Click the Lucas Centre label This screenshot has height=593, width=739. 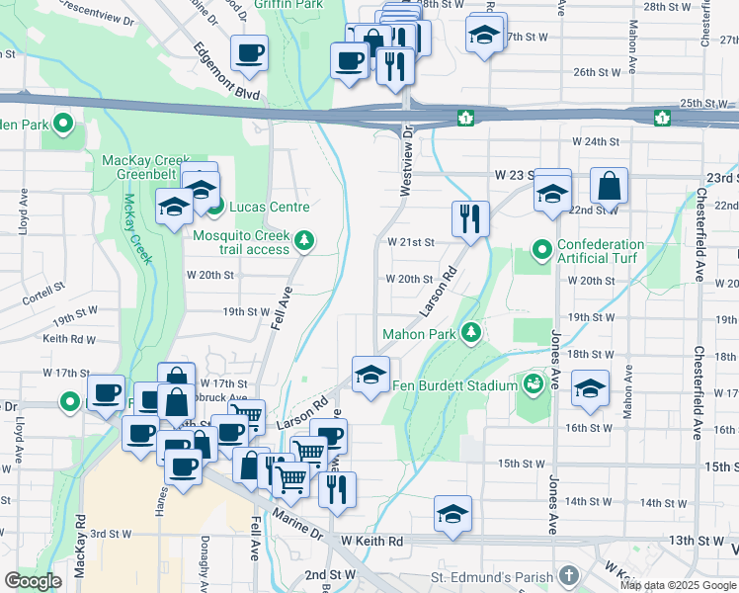coord(270,208)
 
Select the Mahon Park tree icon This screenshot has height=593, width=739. coord(471,333)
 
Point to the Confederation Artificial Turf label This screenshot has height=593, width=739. coord(601,251)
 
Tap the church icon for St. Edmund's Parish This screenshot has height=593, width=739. coord(568,575)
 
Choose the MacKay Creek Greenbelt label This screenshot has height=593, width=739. coord(144,169)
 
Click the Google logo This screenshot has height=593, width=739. coord(33,581)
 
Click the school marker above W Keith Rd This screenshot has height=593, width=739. coord(452,514)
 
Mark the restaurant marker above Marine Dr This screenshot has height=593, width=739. coord(337,489)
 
